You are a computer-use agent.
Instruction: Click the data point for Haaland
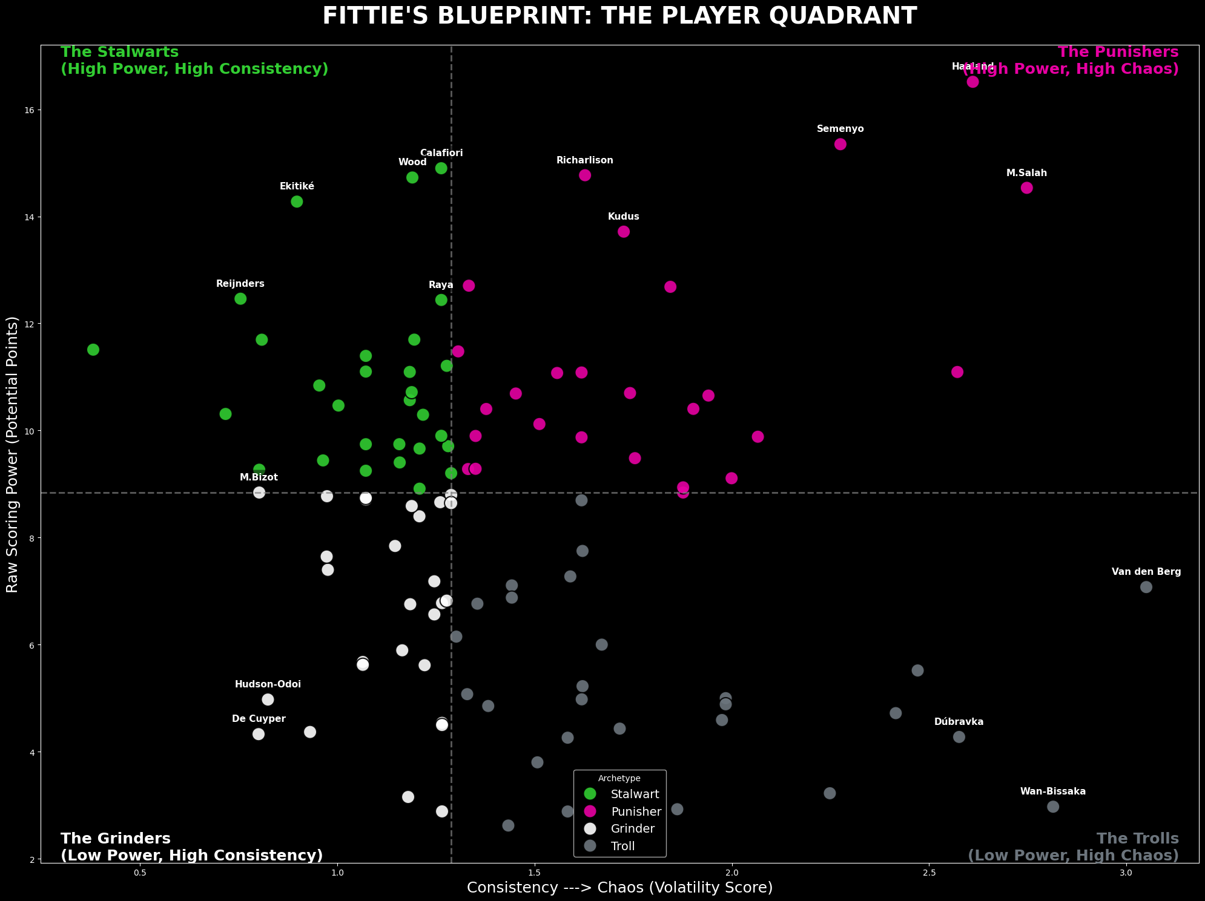pos(972,82)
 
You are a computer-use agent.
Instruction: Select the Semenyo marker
pos(840,144)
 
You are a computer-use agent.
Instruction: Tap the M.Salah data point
pos(1026,188)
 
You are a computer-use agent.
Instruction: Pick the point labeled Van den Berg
pos(1146,587)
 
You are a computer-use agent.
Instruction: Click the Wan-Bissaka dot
pos(1053,807)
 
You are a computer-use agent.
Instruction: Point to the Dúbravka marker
pos(959,737)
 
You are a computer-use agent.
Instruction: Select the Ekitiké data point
pos(297,201)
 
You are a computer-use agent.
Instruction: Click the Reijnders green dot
pos(240,299)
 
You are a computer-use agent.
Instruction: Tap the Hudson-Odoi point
pos(268,700)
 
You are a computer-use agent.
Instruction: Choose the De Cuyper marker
pos(259,734)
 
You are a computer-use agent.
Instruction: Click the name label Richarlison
pos(584,161)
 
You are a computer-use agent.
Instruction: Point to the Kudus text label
pos(623,217)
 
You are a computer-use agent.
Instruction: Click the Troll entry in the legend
pos(623,846)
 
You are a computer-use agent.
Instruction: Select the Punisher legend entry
pos(636,811)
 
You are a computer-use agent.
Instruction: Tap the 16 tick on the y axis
pos(28,110)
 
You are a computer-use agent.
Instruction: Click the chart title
pos(619,16)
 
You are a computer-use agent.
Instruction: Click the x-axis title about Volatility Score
pos(619,888)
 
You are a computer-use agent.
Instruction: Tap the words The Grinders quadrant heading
pos(116,839)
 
